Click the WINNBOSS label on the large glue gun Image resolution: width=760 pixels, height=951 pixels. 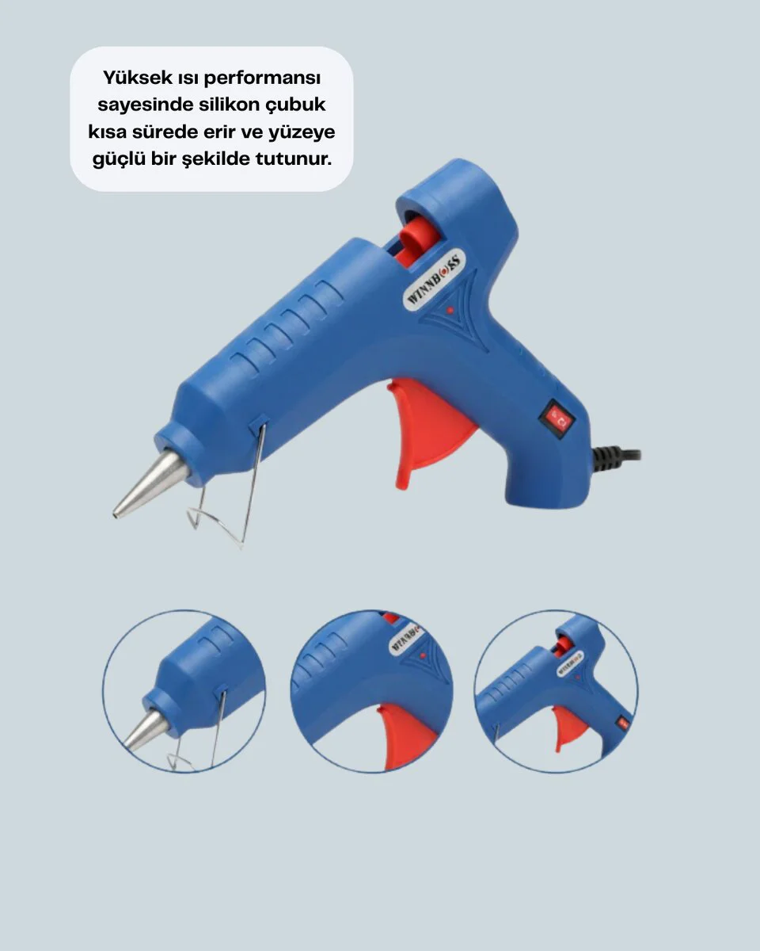point(434,279)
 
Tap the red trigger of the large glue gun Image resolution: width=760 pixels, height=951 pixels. point(429,431)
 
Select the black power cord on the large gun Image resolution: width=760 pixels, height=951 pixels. point(617,458)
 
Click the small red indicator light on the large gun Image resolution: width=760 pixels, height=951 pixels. point(450,310)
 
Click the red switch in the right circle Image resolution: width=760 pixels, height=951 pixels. point(624,724)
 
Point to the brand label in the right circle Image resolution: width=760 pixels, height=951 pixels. point(570,663)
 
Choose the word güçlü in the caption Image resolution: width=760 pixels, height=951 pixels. point(118,159)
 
